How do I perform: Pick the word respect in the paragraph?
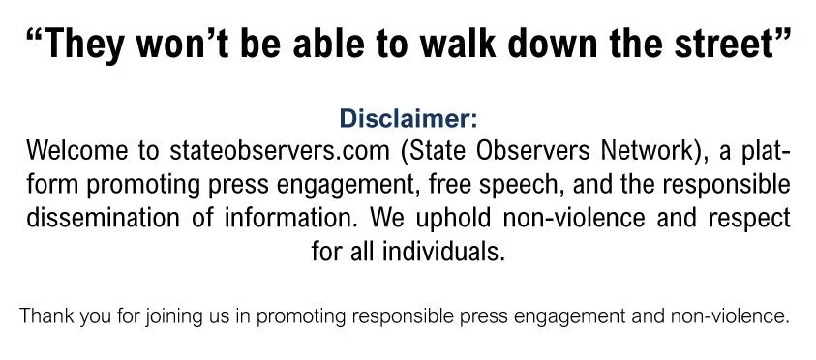tap(752, 218)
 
